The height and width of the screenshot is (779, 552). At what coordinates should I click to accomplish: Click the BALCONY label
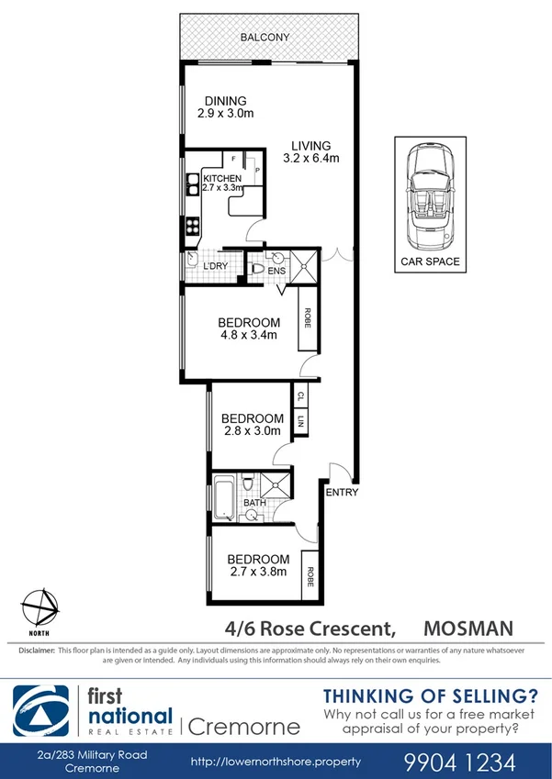coord(265,38)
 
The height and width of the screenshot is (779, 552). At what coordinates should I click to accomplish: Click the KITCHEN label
coord(222,178)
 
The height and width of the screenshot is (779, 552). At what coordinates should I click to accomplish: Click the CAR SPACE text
coord(430,262)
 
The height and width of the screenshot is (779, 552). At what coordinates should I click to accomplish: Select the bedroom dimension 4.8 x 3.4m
coord(249,335)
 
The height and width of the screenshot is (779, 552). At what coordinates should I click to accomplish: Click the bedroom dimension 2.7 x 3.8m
coord(258,571)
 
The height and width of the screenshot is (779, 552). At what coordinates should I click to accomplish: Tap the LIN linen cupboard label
coord(300,422)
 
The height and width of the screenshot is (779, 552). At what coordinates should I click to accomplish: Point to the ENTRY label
coord(343,493)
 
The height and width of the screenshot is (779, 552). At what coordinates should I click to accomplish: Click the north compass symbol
coord(37,607)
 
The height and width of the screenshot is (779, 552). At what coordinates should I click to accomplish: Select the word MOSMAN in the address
coord(469,629)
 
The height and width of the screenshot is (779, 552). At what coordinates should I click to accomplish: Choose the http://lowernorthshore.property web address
coord(276,762)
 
